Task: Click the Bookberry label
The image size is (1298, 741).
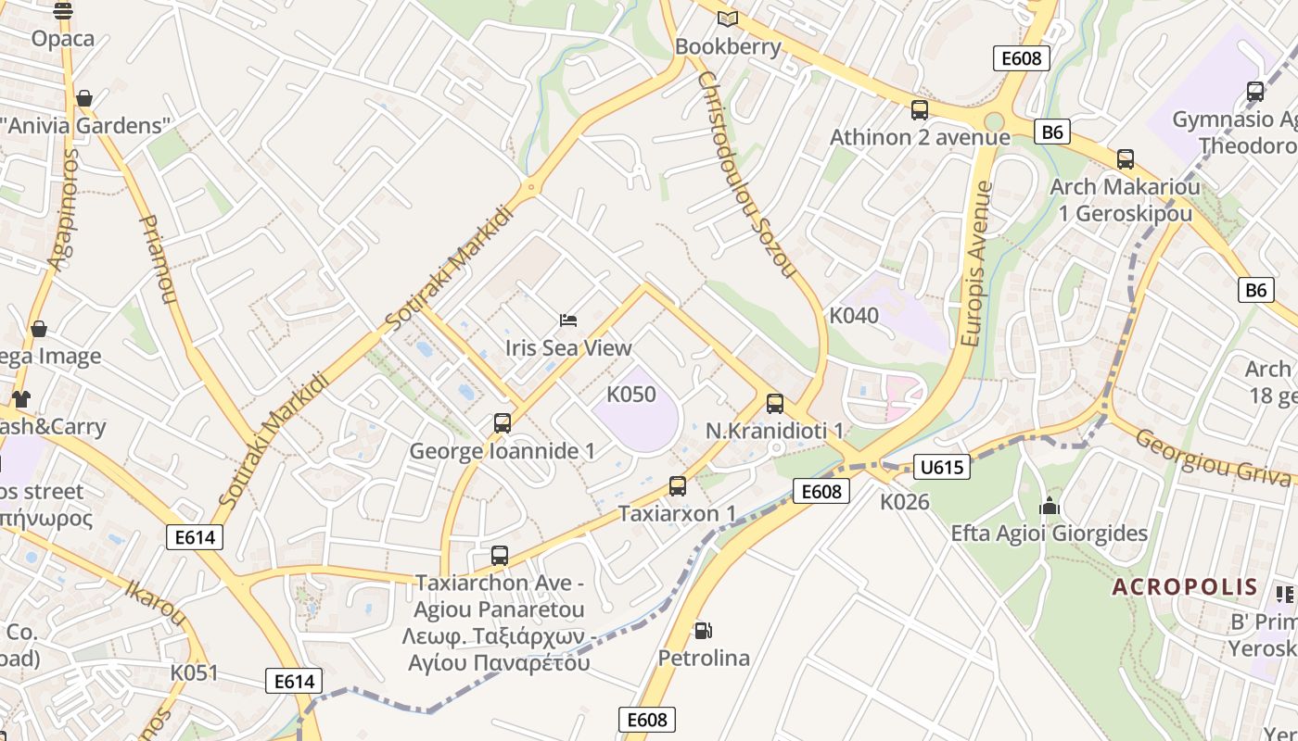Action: (x=728, y=46)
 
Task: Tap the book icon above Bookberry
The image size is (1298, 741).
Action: (x=728, y=19)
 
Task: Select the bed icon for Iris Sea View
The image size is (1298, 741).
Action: (x=569, y=320)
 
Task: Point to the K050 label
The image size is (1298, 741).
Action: (x=630, y=395)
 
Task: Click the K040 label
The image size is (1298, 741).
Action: (x=853, y=316)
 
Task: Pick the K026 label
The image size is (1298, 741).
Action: (x=904, y=502)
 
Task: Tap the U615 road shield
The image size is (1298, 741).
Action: (x=941, y=467)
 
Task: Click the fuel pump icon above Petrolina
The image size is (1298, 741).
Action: (x=704, y=631)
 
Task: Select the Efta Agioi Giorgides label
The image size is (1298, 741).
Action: (x=1049, y=534)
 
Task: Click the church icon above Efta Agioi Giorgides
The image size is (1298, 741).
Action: (x=1050, y=506)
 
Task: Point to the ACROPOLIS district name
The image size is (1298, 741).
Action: (x=1185, y=586)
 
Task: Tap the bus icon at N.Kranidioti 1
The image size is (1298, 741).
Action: (x=775, y=404)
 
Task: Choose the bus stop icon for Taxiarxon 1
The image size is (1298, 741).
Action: (x=678, y=486)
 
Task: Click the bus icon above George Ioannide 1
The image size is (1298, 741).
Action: (x=502, y=423)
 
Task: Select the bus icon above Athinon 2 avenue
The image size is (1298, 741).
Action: (x=919, y=110)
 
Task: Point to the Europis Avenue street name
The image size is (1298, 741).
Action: (x=977, y=264)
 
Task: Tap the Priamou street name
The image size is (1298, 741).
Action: (x=157, y=259)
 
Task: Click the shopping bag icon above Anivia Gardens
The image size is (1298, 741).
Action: (x=84, y=98)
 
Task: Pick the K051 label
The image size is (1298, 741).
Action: (x=194, y=672)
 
